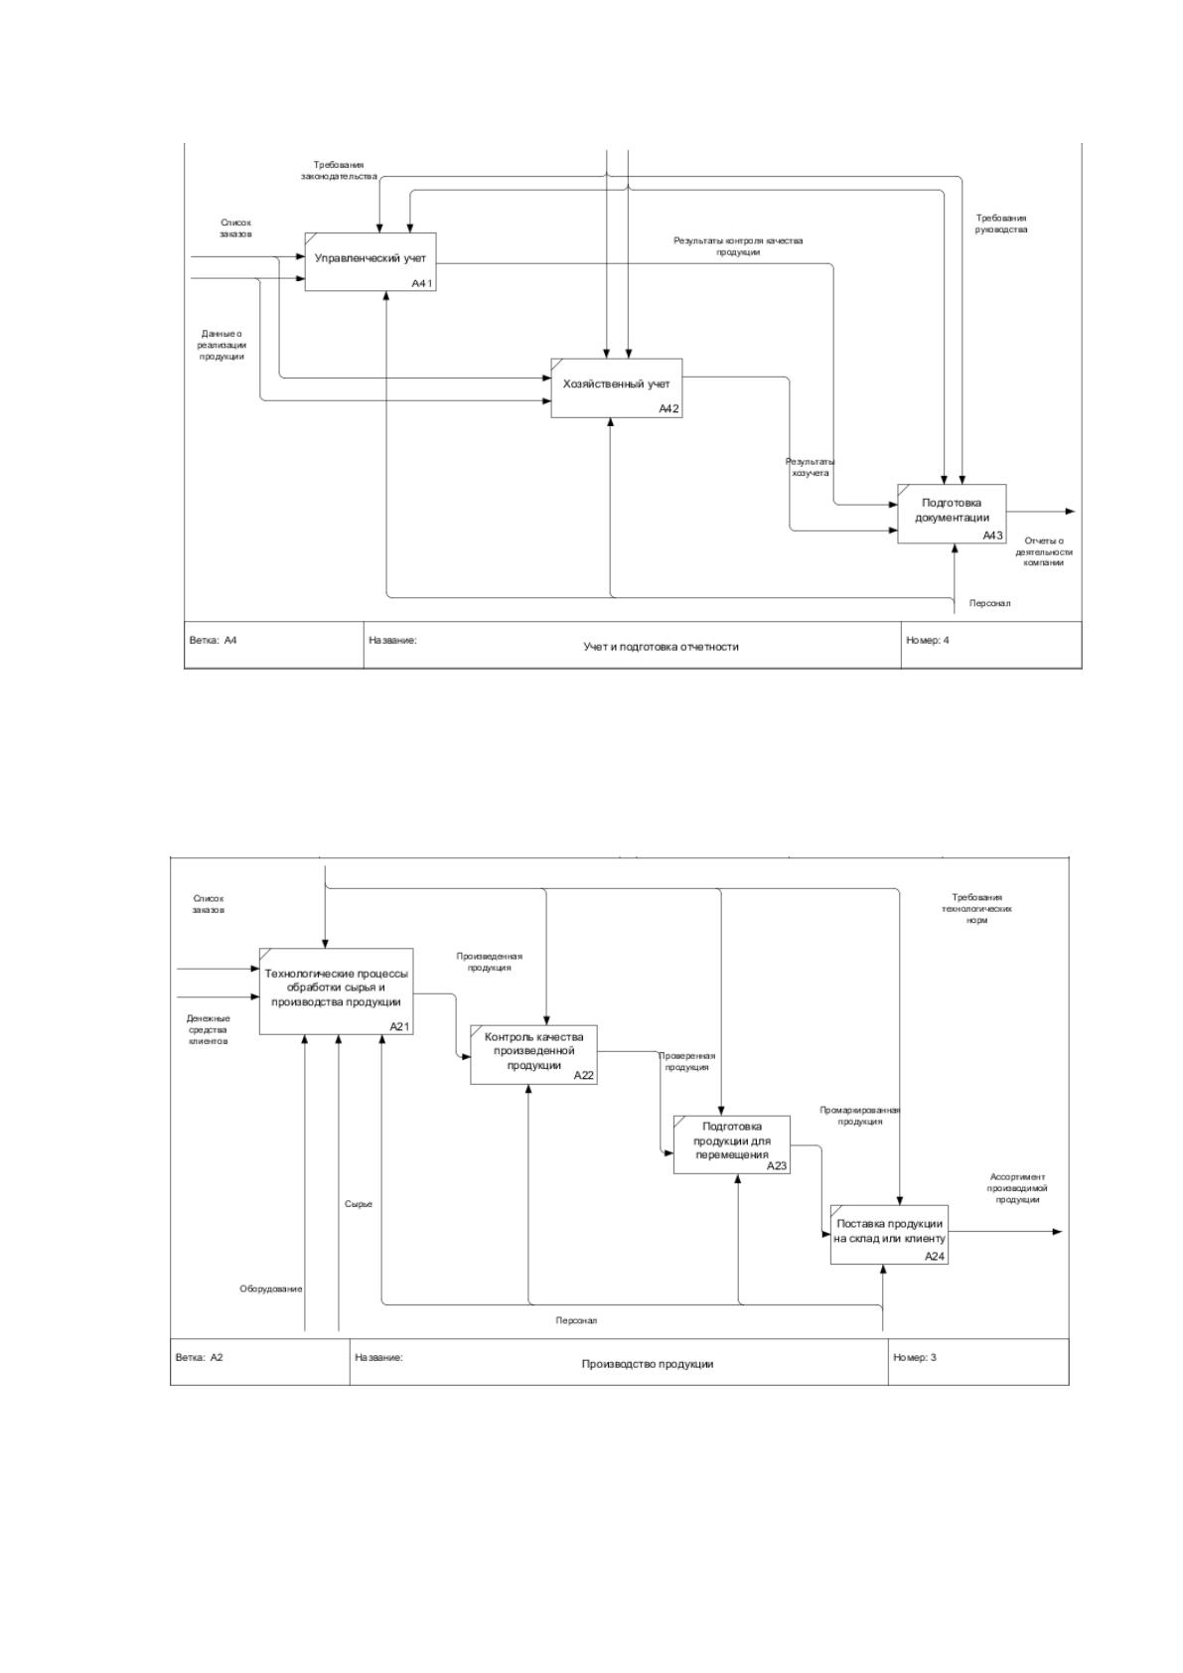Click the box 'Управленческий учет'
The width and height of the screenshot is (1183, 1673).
coord(370,261)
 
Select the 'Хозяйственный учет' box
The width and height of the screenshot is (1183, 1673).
coord(616,387)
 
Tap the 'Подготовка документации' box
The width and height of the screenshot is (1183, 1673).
coord(952,514)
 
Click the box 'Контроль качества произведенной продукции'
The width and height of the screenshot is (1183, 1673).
coord(534,1054)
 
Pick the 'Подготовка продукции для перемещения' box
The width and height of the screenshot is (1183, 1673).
coord(732,1144)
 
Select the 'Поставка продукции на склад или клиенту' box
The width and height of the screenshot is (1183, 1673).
coord(889,1235)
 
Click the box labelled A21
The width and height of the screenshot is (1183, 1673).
coord(336,991)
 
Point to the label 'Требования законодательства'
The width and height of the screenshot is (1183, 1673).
coord(339,170)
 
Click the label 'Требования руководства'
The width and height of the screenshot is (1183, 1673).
coord(1001,225)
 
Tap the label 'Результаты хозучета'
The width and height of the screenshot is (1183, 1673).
coord(811,468)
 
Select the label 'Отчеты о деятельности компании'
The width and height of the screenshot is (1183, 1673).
coord(1043,552)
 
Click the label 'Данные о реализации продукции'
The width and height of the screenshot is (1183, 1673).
coord(222,345)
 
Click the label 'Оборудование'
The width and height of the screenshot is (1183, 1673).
coord(270,1289)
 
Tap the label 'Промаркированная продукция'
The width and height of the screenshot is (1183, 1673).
coord(859,1116)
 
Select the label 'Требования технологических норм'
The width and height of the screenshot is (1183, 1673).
coord(976,909)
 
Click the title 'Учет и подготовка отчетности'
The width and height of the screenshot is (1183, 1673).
coord(661,647)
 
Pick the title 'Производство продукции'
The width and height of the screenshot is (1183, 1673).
coord(648,1364)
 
